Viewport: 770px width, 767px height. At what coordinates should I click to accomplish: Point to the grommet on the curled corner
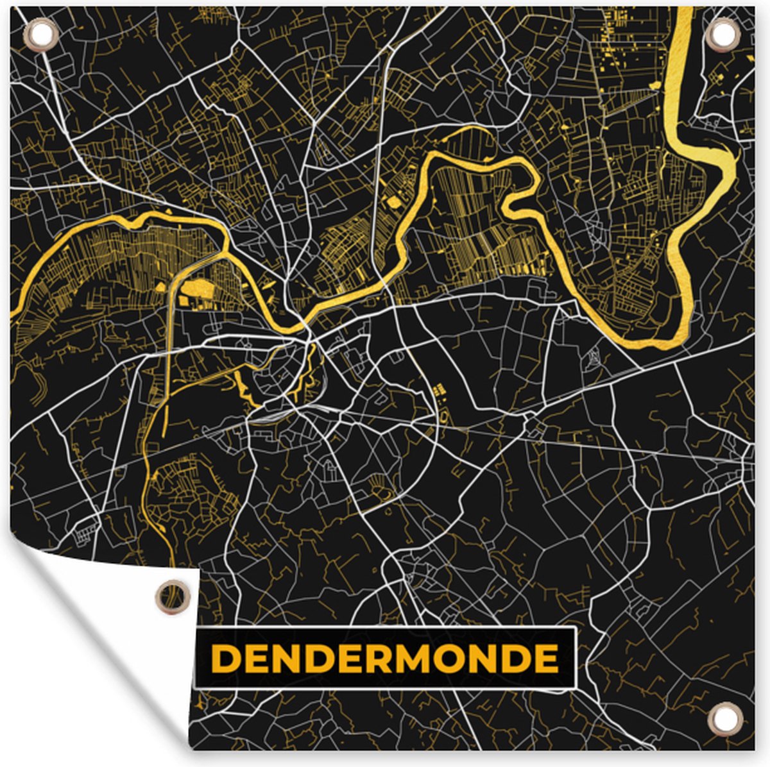coord(172,596)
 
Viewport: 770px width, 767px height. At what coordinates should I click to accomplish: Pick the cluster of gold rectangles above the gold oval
coord(440,389)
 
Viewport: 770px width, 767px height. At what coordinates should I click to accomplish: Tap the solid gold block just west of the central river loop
coord(393,203)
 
